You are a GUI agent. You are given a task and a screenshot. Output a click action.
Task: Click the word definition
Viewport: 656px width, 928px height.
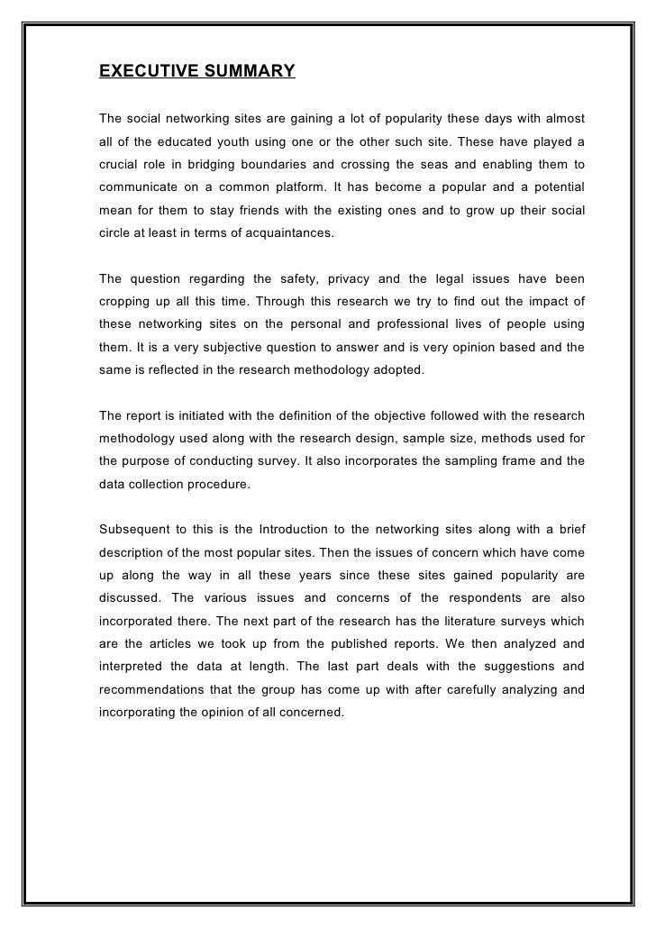pos(283,415)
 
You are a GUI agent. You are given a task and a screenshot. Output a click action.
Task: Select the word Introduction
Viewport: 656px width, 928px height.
pos(301,528)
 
